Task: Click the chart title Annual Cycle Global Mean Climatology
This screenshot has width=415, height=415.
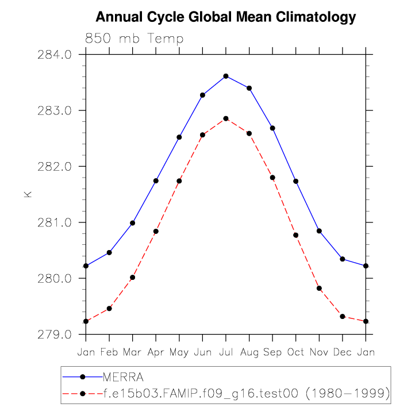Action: (225, 17)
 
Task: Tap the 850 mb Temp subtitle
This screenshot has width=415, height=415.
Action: (134, 39)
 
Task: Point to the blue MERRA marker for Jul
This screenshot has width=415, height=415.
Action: (226, 76)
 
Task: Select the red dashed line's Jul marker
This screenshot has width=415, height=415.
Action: (226, 118)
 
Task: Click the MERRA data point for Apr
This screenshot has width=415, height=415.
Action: (156, 181)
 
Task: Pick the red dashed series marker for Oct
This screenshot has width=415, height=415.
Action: (296, 235)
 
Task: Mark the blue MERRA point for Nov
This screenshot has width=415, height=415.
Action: (319, 231)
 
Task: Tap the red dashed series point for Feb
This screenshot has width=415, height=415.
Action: (109, 309)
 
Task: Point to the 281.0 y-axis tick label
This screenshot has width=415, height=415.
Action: (55, 222)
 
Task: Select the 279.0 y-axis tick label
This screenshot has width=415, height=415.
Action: (55, 335)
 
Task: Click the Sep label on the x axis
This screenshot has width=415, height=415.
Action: (272, 352)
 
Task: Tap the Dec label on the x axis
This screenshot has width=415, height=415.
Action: (342, 352)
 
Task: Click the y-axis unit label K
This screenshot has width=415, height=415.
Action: (27, 195)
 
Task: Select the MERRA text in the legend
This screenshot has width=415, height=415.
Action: (123, 377)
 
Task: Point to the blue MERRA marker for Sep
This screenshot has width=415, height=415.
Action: (272, 128)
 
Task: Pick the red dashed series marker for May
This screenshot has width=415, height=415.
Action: (179, 181)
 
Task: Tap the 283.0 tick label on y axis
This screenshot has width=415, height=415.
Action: (55, 110)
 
